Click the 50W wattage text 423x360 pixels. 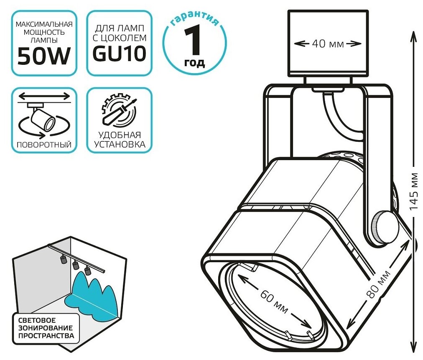coord(43,57)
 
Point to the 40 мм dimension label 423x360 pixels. coord(328,43)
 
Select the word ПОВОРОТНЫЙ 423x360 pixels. coord(43,145)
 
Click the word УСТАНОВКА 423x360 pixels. coord(120,144)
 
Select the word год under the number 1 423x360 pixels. coord(194,63)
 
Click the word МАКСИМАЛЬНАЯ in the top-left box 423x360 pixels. coord(43,25)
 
